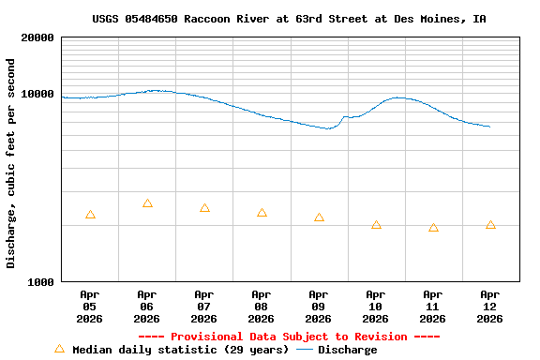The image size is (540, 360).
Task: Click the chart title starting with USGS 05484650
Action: point(289,19)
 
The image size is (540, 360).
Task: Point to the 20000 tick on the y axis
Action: point(37,37)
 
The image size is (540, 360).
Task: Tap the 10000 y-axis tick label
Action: point(37,94)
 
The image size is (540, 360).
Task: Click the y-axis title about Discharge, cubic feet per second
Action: point(11,163)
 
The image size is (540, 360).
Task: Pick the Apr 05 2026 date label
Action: point(90,307)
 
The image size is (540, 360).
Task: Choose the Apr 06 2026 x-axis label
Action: point(147,307)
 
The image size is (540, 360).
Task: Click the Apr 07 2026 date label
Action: point(204,307)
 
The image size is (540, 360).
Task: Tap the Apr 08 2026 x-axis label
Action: point(262,307)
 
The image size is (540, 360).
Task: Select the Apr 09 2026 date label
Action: point(319,307)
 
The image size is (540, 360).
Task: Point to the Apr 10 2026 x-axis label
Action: point(376,307)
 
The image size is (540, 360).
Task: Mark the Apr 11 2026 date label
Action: point(433,307)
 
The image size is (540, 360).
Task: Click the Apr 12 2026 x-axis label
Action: point(490,307)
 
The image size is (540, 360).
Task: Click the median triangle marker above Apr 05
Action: point(90,215)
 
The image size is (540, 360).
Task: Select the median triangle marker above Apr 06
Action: point(147,203)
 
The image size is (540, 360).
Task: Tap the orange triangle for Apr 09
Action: point(319,217)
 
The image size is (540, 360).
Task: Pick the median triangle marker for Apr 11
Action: point(433,227)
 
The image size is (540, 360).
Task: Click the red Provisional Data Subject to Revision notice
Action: point(289,337)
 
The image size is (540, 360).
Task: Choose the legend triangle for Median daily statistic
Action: point(59,349)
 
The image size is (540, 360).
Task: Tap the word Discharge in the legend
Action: point(347,350)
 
